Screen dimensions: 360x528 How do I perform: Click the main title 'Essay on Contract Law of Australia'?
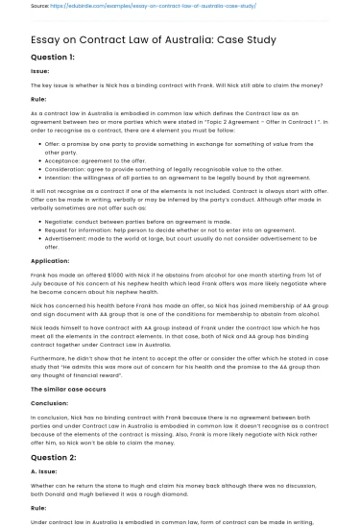[x=154, y=39]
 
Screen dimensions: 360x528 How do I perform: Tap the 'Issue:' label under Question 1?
[x=39, y=71]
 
